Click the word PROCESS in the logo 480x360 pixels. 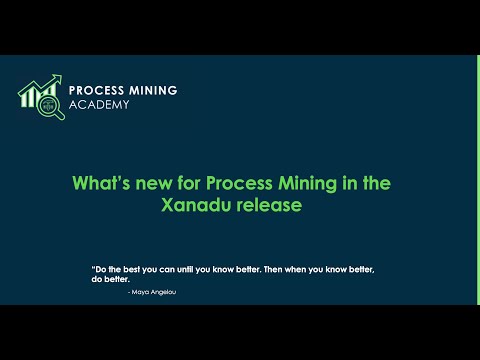tap(98, 90)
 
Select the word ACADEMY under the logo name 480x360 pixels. tap(99, 105)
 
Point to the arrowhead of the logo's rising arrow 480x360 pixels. tap(57, 79)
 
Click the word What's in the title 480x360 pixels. tap(101, 184)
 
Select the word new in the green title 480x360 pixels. tap(150, 184)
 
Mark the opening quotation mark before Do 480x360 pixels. tap(93, 268)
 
